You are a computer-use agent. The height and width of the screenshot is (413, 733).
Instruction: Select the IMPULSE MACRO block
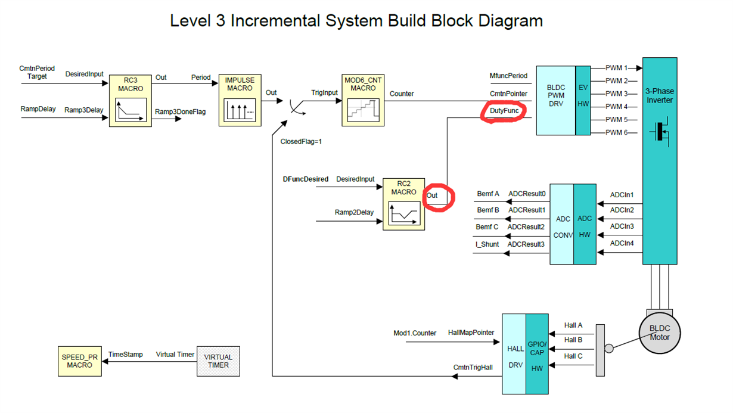(240, 100)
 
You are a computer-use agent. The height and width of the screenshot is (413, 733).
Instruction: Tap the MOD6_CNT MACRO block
(363, 100)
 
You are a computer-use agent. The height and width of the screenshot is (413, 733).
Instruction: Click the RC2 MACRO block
(403, 204)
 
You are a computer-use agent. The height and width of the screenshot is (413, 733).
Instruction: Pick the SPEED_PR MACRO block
(79, 361)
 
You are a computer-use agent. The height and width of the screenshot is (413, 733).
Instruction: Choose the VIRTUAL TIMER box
(218, 361)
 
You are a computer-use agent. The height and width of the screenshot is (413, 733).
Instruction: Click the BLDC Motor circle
(660, 333)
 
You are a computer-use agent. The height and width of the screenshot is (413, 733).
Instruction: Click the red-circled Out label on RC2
(432, 195)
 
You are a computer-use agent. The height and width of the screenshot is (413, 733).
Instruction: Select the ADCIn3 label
(622, 226)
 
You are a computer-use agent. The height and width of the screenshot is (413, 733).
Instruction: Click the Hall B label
(573, 340)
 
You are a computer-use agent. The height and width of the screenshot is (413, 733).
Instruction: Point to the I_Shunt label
(487, 244)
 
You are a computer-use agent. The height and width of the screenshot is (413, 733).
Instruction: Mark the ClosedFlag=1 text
(301, 142)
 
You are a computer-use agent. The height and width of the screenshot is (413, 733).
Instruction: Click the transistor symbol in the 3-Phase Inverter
(660, 132)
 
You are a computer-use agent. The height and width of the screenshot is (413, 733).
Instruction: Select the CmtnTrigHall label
(473, 367)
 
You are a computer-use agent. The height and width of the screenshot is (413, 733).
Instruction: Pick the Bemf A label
(487, 194)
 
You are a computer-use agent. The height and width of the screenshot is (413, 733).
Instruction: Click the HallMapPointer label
(471, 332)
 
